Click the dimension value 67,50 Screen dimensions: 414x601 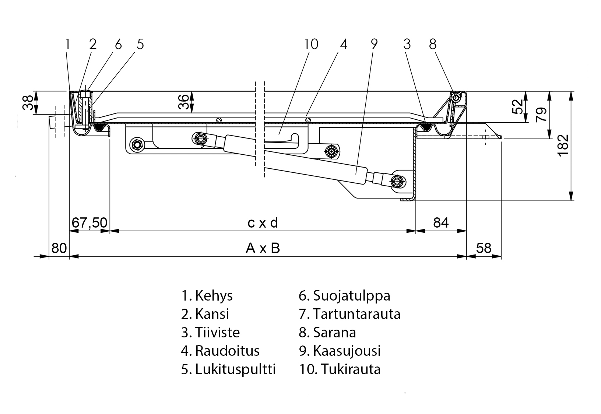(89, 223)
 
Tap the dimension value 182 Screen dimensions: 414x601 (563, 145)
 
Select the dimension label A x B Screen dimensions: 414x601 (263, 248)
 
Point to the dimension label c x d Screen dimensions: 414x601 (263, 223)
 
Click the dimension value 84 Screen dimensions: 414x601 (441, 223)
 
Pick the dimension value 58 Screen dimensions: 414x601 (484, 248)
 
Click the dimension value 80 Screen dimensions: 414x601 (59, 248)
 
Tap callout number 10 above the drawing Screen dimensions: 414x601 (311, 44)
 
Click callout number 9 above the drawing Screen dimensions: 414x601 (374, 44)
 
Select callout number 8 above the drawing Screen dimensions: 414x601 (433, 44)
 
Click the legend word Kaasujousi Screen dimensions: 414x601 (347, 351)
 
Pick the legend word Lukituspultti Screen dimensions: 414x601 (235, 369)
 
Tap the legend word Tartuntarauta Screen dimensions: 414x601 (356, 314)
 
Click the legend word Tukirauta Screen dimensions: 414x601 (351, 369)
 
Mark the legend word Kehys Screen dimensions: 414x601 (214, 296)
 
